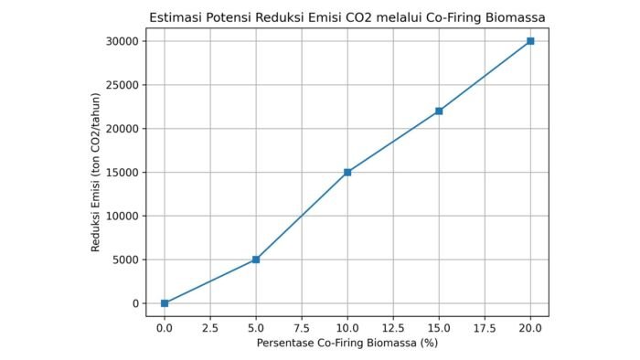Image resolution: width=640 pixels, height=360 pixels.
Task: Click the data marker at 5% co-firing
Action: click(x=256, y=259)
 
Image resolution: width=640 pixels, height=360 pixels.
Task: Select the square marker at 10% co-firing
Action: click(x=347, y=172)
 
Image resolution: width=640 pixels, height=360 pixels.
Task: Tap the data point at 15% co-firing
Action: click(x=439, y=111)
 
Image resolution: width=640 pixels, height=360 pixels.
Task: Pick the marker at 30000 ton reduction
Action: click(x=530, y=41)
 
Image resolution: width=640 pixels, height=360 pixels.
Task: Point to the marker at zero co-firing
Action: click(x=165, y=303)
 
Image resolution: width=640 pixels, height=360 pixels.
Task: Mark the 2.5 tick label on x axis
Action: click(x=210, y=327)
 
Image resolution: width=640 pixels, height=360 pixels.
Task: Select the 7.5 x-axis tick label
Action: click(x=302, y=327)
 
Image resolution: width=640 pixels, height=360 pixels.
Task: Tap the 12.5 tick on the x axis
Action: click(x=393, y=327)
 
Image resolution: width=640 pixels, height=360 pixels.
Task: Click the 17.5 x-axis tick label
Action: click(x=485, y=327)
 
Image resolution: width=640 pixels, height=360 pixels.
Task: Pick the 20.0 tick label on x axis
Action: click(x=530, y=327)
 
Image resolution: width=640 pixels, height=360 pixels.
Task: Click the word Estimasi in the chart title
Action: click(x=176, y=17)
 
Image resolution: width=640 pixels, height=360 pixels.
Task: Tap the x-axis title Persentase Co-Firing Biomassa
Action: click(x=347, y=344)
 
